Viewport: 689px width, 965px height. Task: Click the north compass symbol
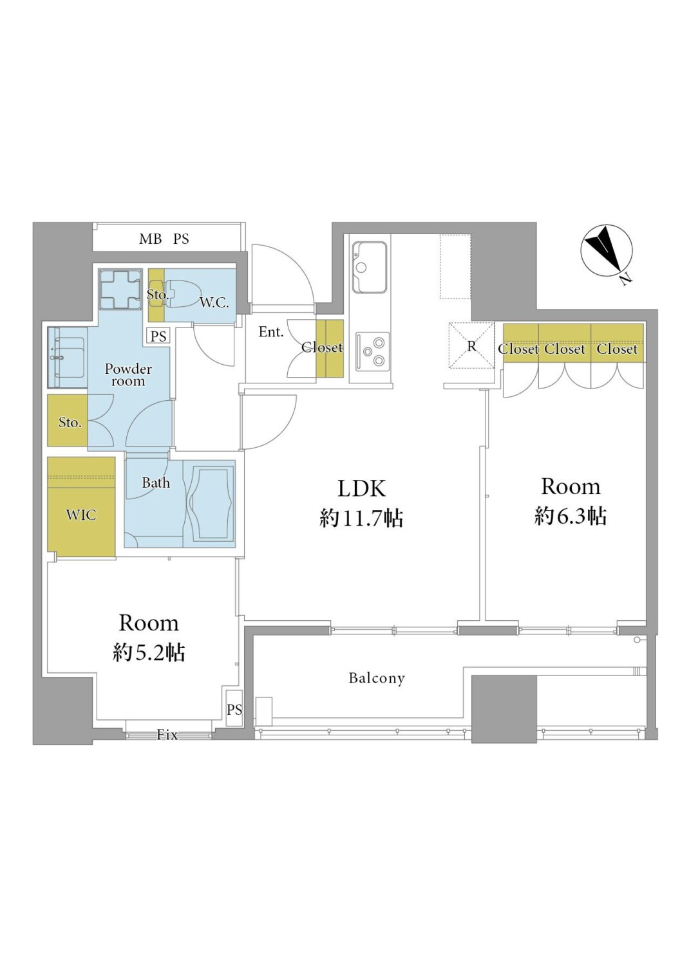coord(606,250)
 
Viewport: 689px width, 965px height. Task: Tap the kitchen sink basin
coord(369,267)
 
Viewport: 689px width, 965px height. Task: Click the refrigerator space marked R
coord(472,345)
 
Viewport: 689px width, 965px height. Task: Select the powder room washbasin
coord(68,358)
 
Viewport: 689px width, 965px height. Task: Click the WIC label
coord(81,515)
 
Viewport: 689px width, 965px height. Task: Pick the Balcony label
coord(377,678)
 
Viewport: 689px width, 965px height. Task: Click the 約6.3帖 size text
coord(571,515)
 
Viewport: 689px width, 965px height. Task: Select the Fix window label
coord(167,735)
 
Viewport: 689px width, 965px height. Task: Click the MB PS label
coord(164,239)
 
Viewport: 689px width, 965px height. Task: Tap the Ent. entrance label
coord(271,332)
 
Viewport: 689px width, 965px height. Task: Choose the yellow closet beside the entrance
coord(330,349)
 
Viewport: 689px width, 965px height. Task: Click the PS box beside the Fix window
coord(234,708)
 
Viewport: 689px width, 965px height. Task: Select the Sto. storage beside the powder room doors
coord(68,421)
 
